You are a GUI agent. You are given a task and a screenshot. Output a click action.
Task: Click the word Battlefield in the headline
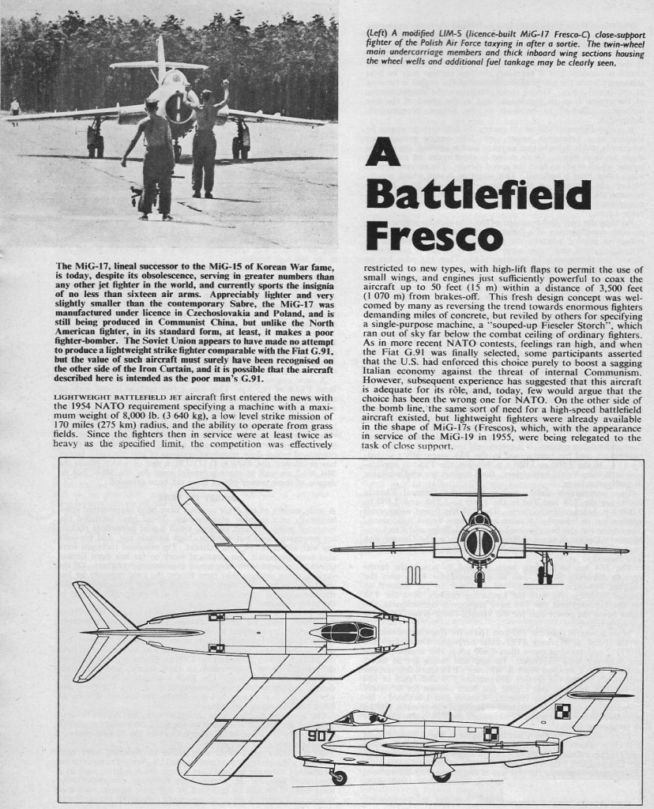pos(479,194)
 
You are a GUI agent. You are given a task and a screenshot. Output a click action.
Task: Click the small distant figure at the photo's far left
pos(14,111)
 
